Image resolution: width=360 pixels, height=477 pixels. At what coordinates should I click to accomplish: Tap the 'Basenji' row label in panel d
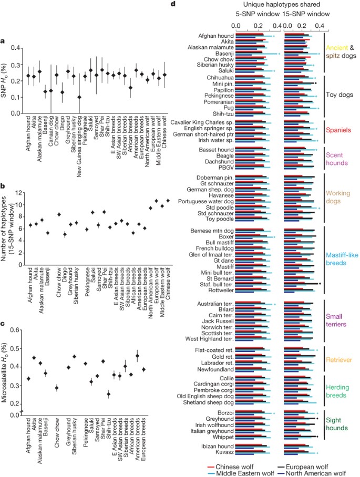pyautogui.click(x=222, y=53)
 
